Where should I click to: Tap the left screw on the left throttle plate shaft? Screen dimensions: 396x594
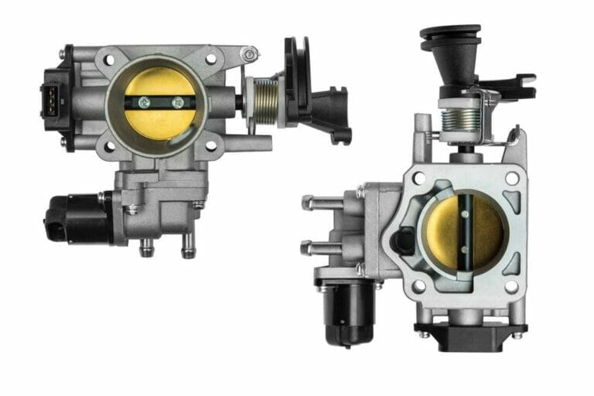pyautogui.click(x=145, y=101)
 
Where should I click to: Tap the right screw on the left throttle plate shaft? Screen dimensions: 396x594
pyautogui.click(x=178, y=102)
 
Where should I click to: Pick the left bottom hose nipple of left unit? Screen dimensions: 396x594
pyautogui.click(x=146, y=248)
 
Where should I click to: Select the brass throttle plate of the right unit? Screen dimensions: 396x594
pyautogui.click(x=463, y=231)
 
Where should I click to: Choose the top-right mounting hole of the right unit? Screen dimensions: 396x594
pyautogui.click(x=511, y=178)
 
